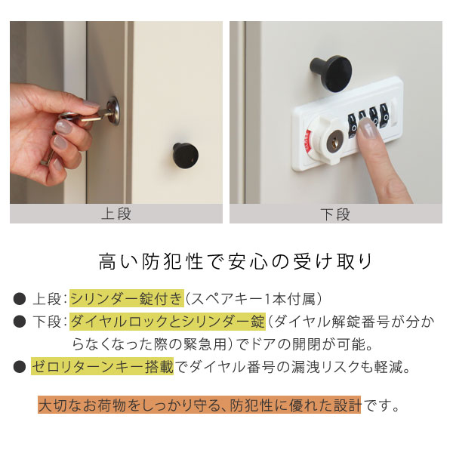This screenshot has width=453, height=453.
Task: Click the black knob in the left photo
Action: [186, 156]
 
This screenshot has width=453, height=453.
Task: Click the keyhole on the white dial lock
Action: [334, 142]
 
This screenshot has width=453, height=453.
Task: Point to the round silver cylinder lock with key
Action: [113, 111]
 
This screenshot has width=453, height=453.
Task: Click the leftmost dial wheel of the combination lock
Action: [353, 125]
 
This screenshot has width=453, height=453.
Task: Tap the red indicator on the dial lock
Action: [308, 142]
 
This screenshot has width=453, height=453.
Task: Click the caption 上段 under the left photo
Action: [116, 214]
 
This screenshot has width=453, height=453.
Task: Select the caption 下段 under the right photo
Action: [335, 214]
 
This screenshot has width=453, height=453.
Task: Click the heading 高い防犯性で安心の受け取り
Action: [236, 262]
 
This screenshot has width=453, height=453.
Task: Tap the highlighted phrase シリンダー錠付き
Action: [127, 299]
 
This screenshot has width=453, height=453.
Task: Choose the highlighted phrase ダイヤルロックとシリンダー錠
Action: [168, 322]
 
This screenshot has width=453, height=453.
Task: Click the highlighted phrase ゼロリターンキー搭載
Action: [103, 367]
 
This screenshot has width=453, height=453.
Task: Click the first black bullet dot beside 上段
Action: [20, 299]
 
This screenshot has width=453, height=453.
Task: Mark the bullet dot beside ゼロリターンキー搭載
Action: [20, 367]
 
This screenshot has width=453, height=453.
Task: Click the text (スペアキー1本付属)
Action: [254, 299]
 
